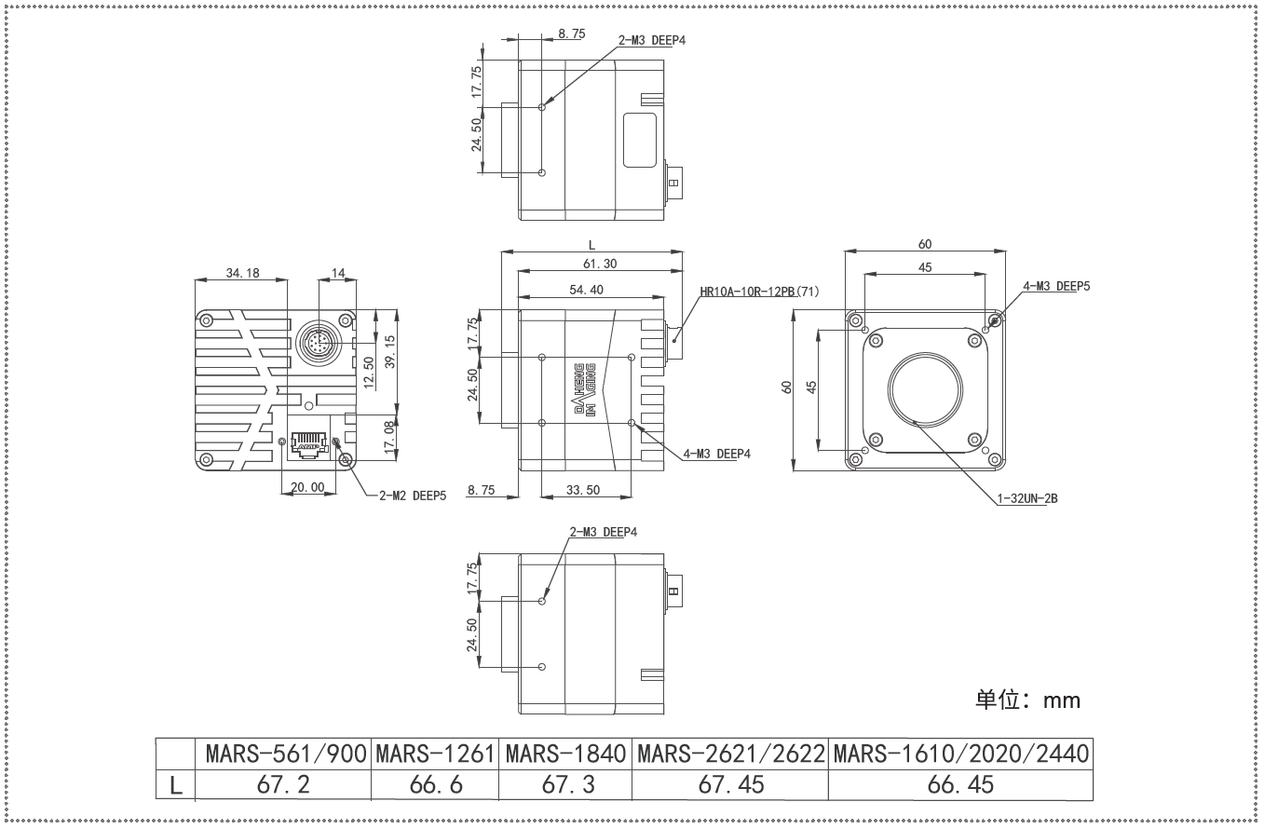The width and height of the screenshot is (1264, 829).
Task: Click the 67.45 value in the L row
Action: pyautogui.click(x=731, y=784)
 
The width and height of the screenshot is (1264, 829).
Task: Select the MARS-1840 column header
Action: pyautogui.click(x=565, y=754)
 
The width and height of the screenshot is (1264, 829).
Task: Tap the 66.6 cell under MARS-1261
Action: pyautogui.click(x=436, y=784)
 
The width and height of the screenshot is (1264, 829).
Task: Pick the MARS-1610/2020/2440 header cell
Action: pyautogui.click(x=961, y=754)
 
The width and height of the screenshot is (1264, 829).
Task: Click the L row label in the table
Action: pyautogui.click(x=175, y=785)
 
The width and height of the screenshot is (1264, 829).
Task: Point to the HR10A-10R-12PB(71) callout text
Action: pyautogui.click(x=759, y=292)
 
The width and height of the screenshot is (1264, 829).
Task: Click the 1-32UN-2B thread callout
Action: pyautogui.click(x=1027, y=498)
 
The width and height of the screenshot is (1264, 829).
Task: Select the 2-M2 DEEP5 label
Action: pyautogui.click(x=413, y=496)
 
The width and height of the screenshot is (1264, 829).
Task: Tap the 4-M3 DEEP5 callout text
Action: pyautogui.click(x=1056, y=286)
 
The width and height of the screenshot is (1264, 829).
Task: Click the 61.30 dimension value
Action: pyautogui.click(x=600, y=264)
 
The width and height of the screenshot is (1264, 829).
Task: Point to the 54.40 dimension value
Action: pyautogui.click(x=586, y=290)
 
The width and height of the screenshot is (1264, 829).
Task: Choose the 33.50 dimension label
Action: pyautogui.click(x=583, y=490)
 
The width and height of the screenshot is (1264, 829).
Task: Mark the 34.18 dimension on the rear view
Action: pyautogui.click(x=242, y=273)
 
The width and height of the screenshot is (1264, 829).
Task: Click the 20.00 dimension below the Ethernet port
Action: pyautogui.click(x=307, y=487)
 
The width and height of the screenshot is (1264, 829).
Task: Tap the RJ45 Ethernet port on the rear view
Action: pyautogui.click(x=308, y=444)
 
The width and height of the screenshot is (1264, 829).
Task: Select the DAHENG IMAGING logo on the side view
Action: pyautogui.click(x=585, y=390)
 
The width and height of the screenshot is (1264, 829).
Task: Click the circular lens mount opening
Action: pyautogui.click(x=926, y=389)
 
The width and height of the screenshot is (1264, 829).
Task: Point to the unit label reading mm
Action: pyautogui.click(x=1062, y=700)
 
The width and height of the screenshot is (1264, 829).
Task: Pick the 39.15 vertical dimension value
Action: pyautogui.click(x=390, y=352)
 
